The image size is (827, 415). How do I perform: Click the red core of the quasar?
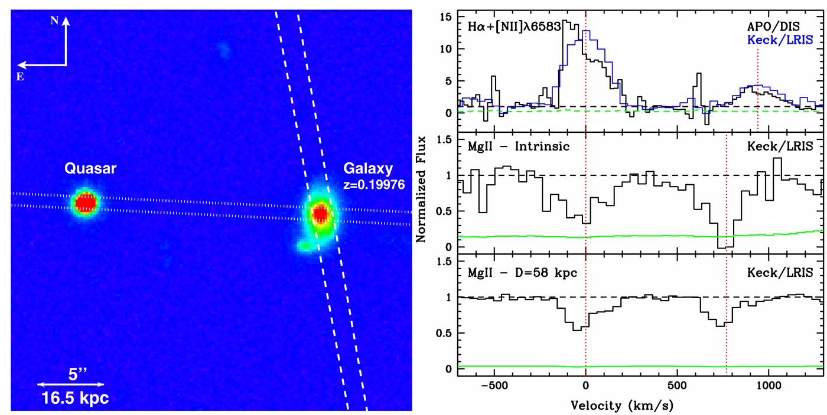[86, 202]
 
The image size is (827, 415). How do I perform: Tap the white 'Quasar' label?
[90, 169]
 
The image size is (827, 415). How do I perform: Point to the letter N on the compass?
[55, 20]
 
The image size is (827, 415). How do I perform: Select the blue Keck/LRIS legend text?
[780, 40]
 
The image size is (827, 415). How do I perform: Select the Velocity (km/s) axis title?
[622, 406]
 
